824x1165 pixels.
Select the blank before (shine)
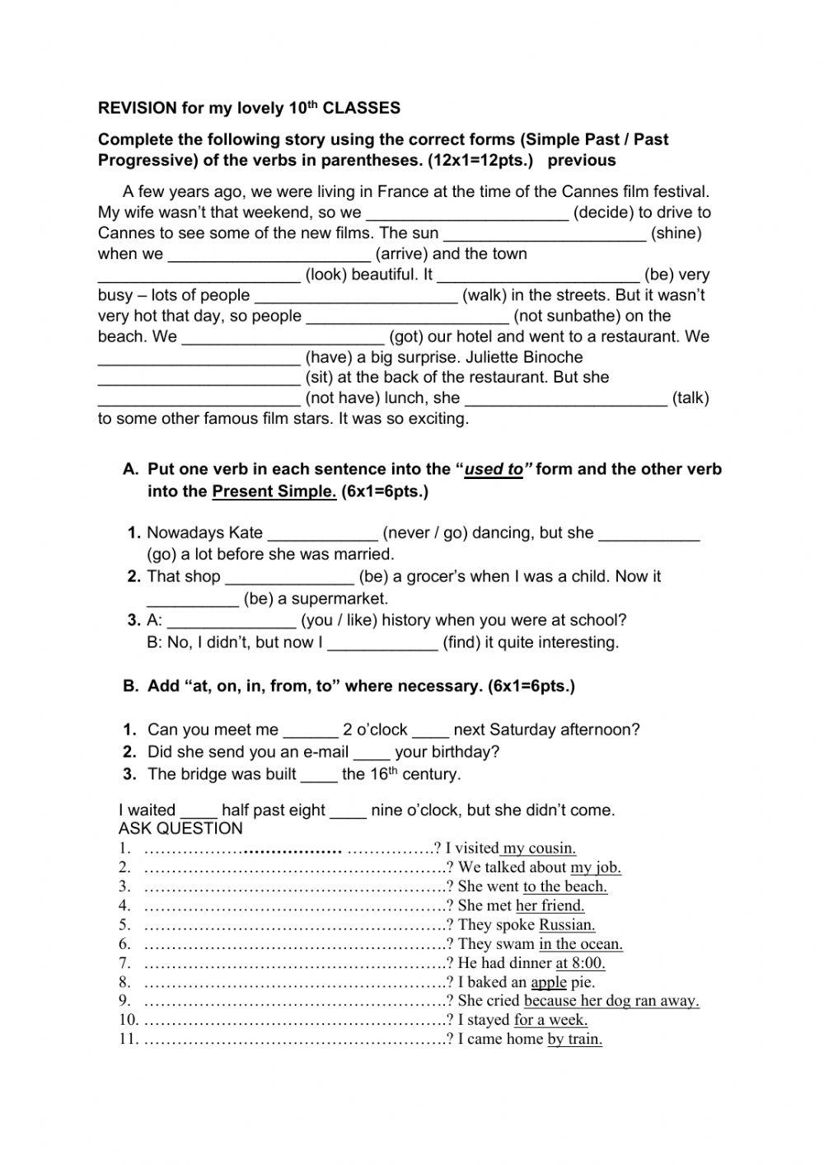tap(545, 234)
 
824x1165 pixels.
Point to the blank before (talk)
tap(566, 399)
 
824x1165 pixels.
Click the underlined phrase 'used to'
tap(494, 470)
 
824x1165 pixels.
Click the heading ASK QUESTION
tap(180, 829)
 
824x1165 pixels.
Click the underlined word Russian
tap(567, 925)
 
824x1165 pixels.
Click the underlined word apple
tap(549, 982)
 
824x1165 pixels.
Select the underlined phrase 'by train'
tap(574, 1039)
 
